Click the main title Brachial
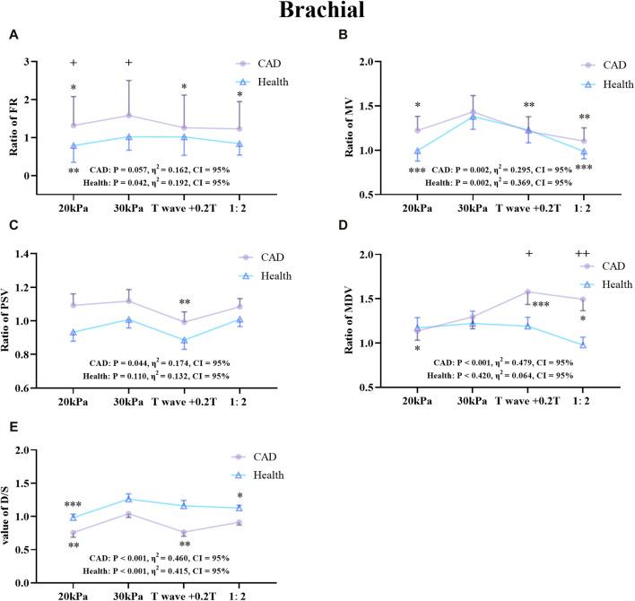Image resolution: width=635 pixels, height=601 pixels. point(317,13)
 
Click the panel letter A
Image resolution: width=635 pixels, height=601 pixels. point(13,35)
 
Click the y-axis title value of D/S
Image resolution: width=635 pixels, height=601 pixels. point(13,517)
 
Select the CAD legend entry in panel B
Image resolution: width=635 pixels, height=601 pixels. point(588,65)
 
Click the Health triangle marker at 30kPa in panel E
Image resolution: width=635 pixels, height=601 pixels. point(129,499)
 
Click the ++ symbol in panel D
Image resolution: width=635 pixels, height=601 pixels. point(582,255)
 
